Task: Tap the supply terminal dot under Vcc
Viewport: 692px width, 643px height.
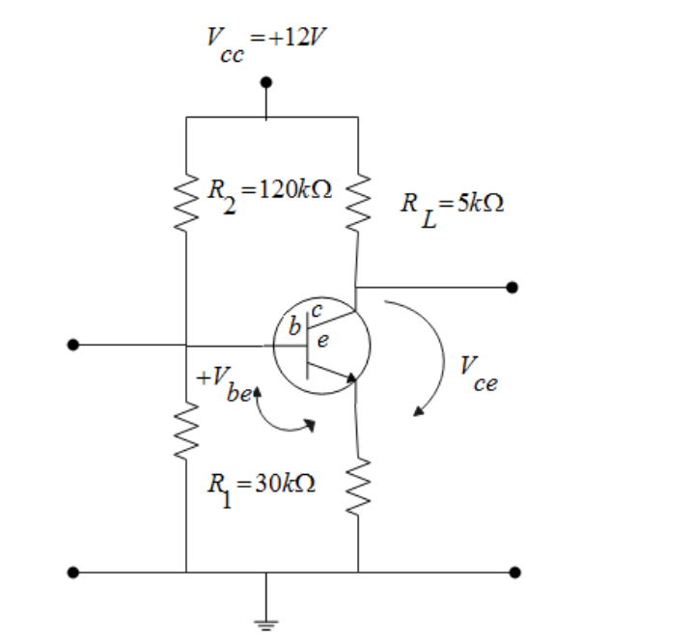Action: [265, 82]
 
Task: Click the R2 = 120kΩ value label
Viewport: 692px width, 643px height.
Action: [271, 189]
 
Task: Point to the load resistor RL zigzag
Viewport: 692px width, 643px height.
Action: [358, 203]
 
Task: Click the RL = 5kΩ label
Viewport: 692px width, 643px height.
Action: [453, 206]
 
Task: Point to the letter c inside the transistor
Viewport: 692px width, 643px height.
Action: [316, 307]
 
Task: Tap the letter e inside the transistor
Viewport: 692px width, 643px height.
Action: [321, 339]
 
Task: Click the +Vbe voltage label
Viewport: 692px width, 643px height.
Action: [224, 381]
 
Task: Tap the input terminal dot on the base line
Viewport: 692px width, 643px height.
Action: [72, 345]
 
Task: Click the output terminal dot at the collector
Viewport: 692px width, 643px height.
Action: [512, 287]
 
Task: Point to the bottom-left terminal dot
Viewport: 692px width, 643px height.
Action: [72, 572]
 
